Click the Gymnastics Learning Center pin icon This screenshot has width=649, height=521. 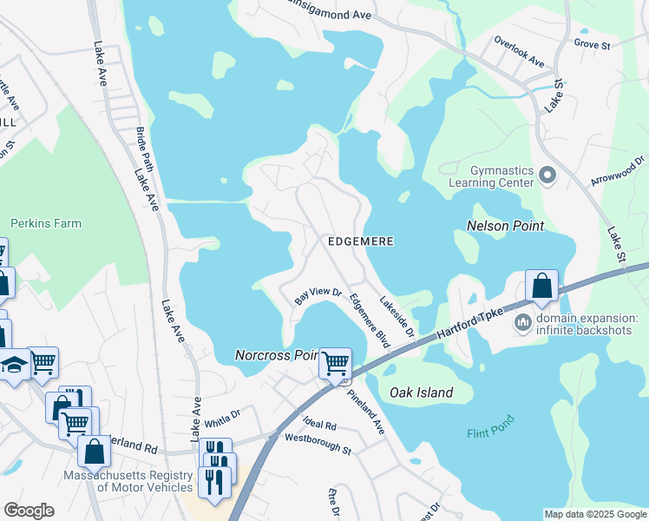coord(547,175)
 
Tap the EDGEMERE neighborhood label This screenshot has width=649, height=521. coord(360,241)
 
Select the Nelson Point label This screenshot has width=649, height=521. coord(505,226)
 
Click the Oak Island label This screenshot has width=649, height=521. coord(421,392)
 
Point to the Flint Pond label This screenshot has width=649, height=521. coord(490,425)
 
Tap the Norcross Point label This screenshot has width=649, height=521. coord(276,355)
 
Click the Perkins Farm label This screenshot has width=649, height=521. coord(46,223)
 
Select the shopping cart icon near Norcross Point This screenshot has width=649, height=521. coord(335,362)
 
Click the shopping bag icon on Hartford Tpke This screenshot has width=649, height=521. coord(541,286)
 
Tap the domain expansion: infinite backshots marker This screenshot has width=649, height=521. coord(523,323)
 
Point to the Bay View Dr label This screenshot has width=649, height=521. coord(318,296)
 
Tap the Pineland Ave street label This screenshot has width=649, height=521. coord(365,399)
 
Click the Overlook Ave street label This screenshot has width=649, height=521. coord(519,51)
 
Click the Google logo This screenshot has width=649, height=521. coord(29,510)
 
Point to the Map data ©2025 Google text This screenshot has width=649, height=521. coord(593,514)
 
